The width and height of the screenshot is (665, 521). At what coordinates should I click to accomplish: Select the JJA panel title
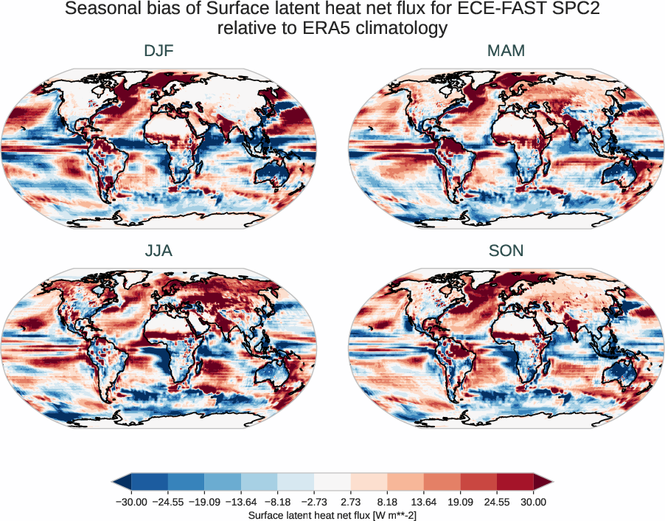click(159, 251)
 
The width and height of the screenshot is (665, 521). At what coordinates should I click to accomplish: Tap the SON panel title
click(506, 251)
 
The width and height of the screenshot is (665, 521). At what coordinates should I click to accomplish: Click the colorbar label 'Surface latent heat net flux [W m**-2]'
click(332, 514)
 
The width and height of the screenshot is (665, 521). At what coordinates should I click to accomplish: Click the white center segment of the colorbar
click(332, 481)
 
